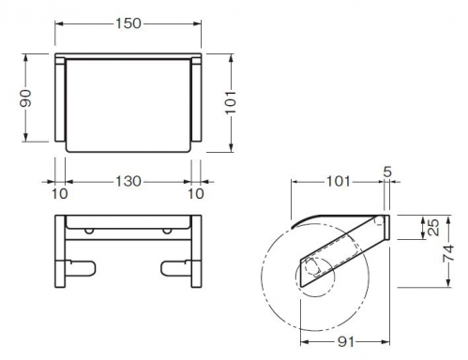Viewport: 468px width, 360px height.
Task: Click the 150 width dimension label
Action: (x=128, y=23)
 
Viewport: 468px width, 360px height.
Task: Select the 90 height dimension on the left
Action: (x=26, y=98)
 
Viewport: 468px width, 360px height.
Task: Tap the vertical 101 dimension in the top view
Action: (x=231, y=102)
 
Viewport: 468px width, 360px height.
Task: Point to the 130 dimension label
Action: (x=128, y=182)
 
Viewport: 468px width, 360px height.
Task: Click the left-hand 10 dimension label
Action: (x=59, y=194)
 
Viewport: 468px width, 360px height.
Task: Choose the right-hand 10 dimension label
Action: (x=196, y=194)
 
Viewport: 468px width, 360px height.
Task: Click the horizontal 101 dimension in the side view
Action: (x=339, y=181)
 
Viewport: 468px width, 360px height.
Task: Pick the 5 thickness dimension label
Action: (x=387, y=172)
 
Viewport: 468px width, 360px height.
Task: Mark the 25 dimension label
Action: (x=433, y=228)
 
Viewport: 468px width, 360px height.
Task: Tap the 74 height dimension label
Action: (x=449, y=253)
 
